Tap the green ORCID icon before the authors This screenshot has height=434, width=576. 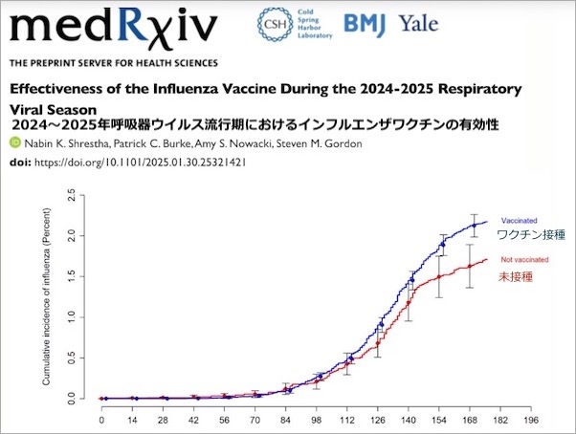[x=14, y=143]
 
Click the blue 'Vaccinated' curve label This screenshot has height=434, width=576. [x=520, y=222]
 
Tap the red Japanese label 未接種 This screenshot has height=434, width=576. [x=515, y=276]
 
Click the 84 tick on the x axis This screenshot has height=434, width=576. [x=287, y=418]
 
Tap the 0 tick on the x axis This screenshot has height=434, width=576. [x=102, y=418]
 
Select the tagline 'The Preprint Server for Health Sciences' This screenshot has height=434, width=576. [x=114, y=63]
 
